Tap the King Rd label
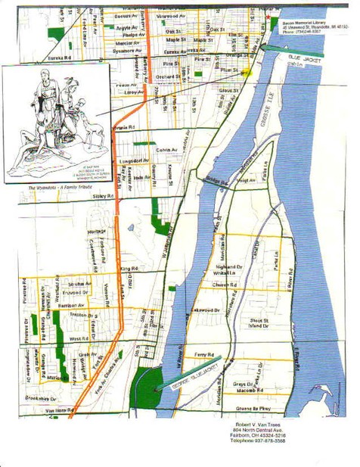(129, 269)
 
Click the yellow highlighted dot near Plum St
(246, 73)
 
